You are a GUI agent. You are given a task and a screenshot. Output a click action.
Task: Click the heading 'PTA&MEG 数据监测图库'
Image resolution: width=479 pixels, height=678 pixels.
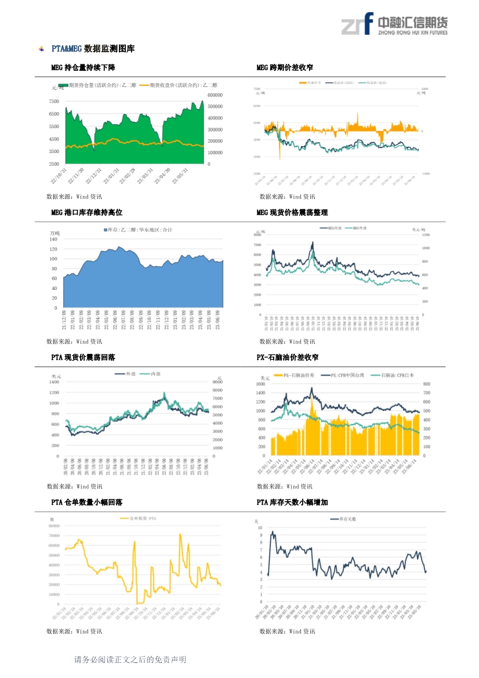93,49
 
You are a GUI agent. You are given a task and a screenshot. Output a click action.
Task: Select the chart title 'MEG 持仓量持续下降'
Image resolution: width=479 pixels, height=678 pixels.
83,68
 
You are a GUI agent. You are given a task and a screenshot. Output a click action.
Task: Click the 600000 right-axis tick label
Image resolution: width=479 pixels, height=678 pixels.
215,95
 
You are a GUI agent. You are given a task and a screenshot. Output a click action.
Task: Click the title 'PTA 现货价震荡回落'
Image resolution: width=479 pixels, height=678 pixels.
83,357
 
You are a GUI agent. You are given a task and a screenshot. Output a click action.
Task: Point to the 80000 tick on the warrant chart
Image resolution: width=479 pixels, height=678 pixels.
54,526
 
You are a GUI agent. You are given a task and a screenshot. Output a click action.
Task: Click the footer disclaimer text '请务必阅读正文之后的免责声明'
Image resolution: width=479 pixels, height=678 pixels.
130,659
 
